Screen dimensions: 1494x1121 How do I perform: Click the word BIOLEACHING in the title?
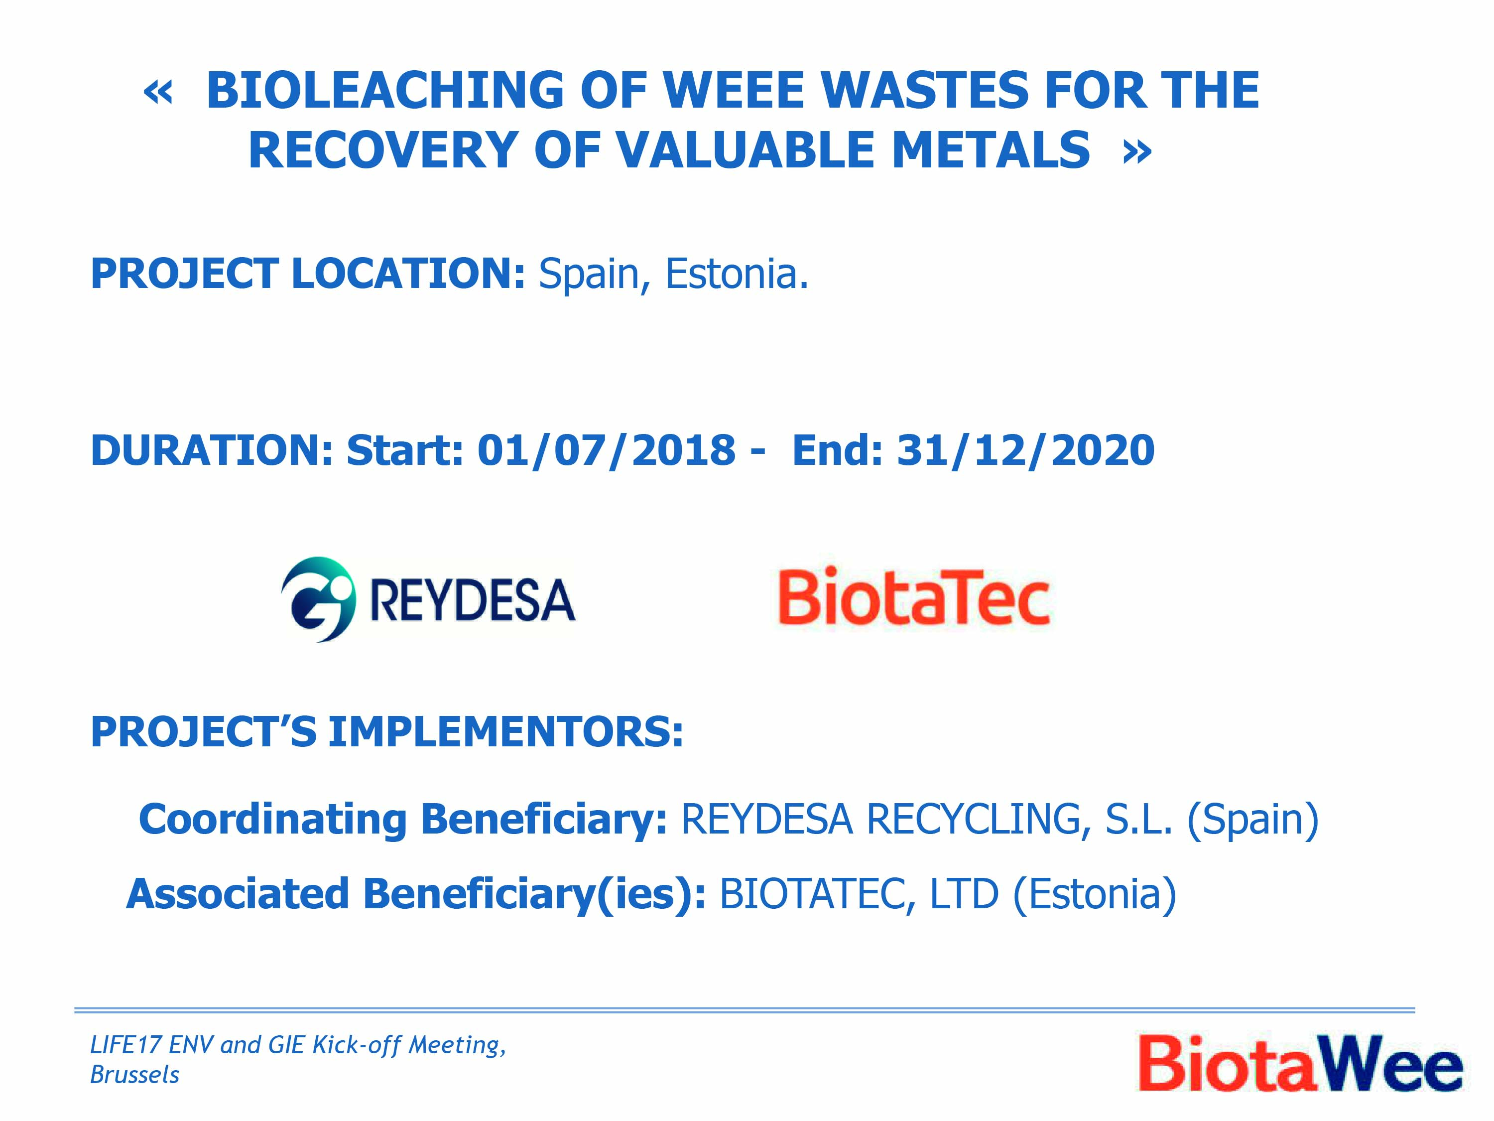tap(385, 91)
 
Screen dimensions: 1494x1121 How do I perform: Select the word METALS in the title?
tap(991, 150)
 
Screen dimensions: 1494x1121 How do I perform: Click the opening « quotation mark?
tap(158, 93)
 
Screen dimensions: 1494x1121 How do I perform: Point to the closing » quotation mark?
tap(1137, 153)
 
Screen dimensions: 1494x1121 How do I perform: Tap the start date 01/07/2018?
tap(606, 450)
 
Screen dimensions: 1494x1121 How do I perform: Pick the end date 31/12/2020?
tap(1025, 450)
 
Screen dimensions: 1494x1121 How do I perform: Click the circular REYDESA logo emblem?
tap(317, 599)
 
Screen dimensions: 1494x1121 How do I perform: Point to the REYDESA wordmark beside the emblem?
tap(473, 600)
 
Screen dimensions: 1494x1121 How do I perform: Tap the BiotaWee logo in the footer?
tap(1300, 1063)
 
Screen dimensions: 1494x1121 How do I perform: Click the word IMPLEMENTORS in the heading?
tap(506, 732)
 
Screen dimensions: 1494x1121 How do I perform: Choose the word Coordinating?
tap(272, 820)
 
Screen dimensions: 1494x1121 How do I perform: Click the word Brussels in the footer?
tap(134, 1074)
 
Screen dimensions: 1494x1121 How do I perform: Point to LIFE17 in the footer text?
tap(125, 1045)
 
